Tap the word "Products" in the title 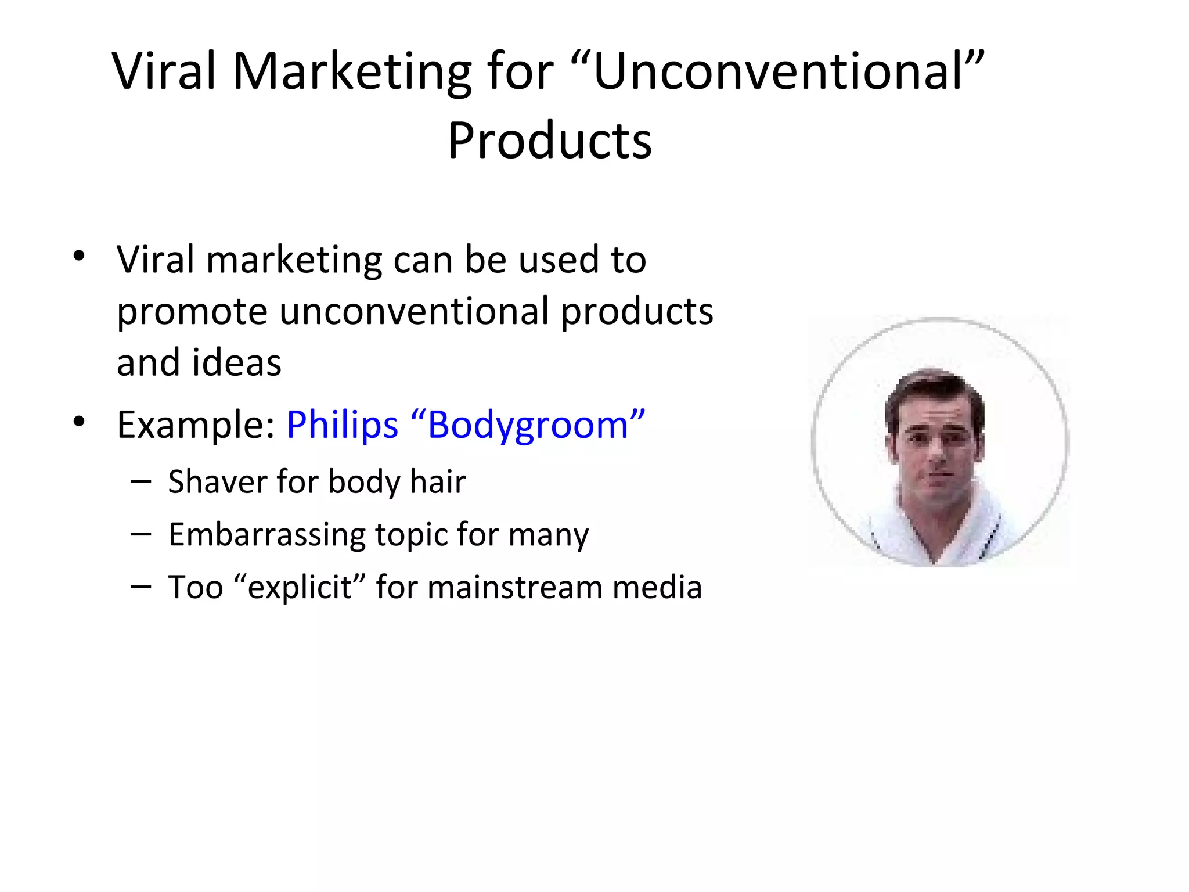point(550,141)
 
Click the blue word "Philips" point(342,425)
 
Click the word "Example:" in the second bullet point(196,425)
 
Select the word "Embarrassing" point(266,535)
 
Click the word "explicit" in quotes point(300,587)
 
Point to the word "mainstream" point(514,587)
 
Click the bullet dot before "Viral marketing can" point(79,256)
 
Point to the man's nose point(936,451)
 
